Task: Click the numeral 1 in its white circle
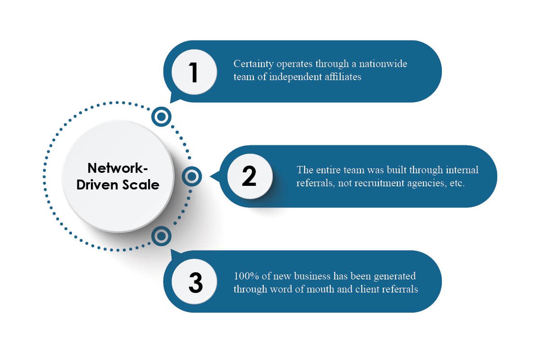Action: (x=194, y=73)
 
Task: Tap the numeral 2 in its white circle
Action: (x=249, y=177)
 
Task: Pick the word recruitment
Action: (x=360, y=184)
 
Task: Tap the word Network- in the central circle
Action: (x=117, y=168)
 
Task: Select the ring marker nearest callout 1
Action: (x=161, y=117)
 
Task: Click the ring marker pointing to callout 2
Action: (x=192, y=176)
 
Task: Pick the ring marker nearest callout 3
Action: (x=161, y=235)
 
